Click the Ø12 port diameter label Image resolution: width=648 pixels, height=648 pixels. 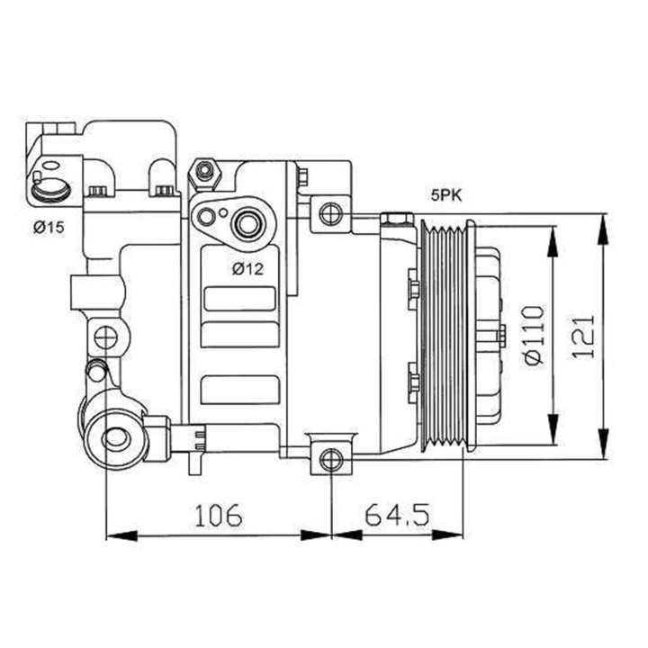[247, 267]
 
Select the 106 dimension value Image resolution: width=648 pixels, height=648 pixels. [218, 514]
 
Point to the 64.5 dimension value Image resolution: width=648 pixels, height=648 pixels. [397, 514]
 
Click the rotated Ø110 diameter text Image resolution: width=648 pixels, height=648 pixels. [534, 335]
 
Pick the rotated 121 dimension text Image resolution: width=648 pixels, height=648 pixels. [584, 336]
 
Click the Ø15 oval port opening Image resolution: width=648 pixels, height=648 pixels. [49, 188]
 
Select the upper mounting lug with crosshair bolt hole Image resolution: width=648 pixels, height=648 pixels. [331, 213]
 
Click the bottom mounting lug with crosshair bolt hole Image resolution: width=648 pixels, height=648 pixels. [331, 459]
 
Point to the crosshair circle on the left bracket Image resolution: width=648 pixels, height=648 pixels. [106, 337]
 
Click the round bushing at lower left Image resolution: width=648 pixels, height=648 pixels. [115, 439]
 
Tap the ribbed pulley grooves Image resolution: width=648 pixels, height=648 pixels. [444, 335]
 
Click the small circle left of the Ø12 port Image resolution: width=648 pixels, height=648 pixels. [207, 216]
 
